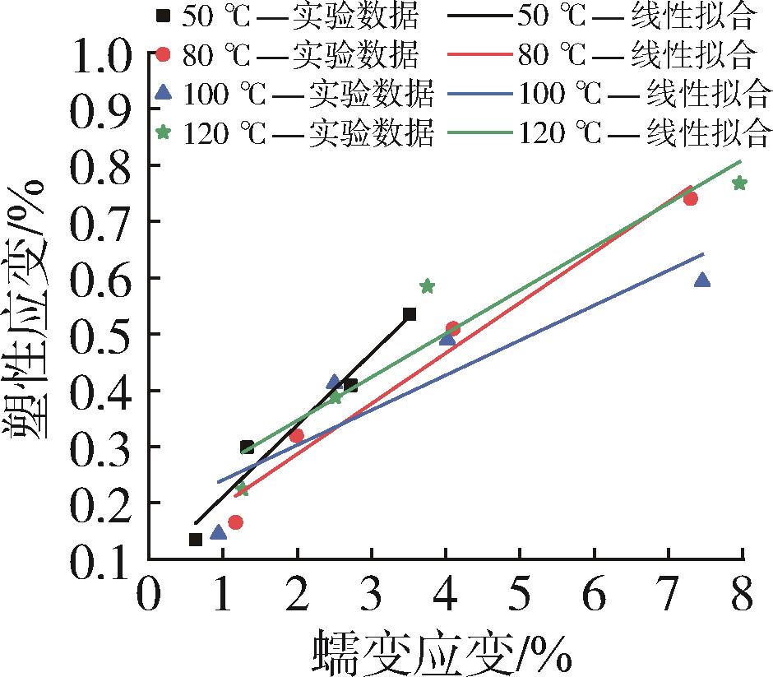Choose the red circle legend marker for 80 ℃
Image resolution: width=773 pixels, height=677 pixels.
[x=163, y=54]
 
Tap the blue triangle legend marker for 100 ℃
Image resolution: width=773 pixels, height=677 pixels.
[x=163, y=94]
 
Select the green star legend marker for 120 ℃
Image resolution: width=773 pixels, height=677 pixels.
[x=163, y=132]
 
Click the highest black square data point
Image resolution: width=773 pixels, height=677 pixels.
[x=410, y=314]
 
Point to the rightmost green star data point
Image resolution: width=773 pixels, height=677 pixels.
[x=739, y=183]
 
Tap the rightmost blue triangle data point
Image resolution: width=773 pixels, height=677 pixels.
[x=702, y=281]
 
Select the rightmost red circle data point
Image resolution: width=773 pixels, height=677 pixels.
[x=691, y=198]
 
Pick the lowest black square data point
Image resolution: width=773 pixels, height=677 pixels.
[x=196, y=540]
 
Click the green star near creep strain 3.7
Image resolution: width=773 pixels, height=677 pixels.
[x=427, y=286]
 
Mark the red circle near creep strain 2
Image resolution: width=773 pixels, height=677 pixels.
[x=297, y=435]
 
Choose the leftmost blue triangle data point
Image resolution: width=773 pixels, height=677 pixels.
[x=218, y=532]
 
